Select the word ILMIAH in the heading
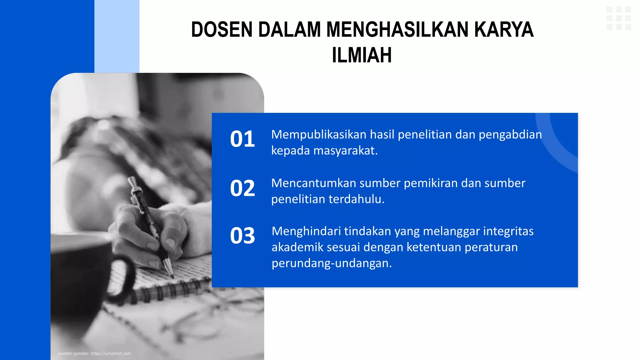click(x=362, y=55)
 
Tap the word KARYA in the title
click(x=503, y=30)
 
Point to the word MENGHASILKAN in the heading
click(x=397, y=30)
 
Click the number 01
click(x=242, y=139)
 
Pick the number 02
click(x=242, y=188)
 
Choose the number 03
click(x=242, y=236)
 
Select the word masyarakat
click(x=345, y=151)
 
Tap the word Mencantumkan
click(x=313, y=183)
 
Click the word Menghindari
click(x=306, y=231)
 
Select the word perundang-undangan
click(x=331, y=263)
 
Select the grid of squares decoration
click(x=619, y=18)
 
